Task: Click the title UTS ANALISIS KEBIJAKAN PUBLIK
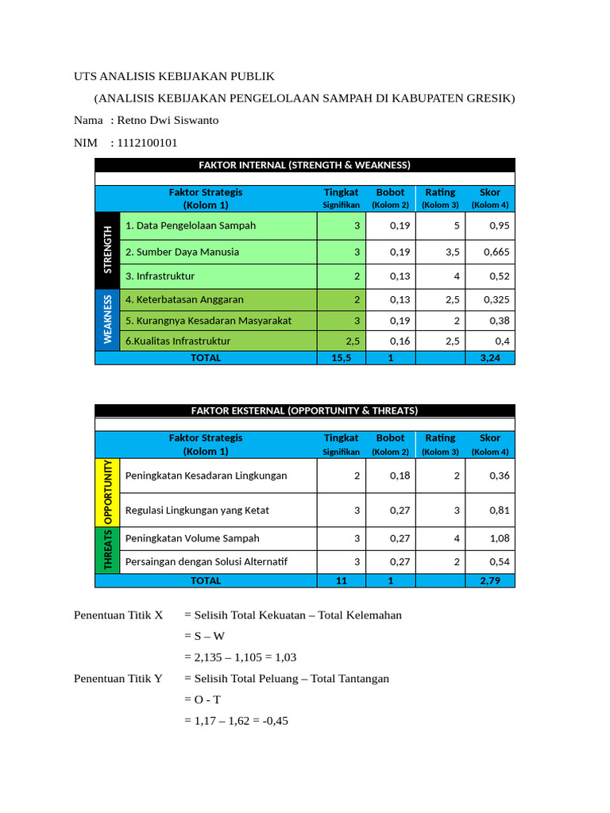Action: pos(174,76)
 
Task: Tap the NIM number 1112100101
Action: pos(146,143)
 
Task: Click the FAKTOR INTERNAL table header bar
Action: pos(305,165)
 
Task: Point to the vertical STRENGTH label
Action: pos(107,250)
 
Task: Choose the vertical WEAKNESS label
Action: pos(107,319)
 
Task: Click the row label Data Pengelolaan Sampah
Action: pos(191,225)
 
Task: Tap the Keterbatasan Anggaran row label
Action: pos(184,300)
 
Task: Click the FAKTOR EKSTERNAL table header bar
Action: pos(305,410)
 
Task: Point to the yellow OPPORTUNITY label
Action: pos(107,492)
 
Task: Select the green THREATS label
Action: pos(107,550)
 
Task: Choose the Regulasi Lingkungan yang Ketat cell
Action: pos(197,511)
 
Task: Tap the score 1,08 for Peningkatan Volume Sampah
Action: pos(499,538)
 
